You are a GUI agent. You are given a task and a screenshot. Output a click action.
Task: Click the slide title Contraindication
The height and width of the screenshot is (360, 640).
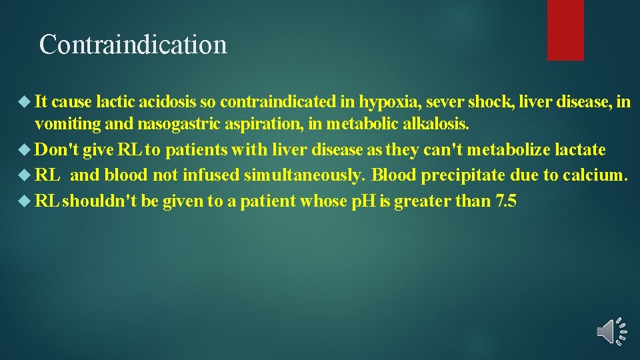click(x=133, y=45)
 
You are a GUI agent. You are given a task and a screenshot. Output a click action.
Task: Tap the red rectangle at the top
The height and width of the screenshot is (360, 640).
click(x=565, y=29)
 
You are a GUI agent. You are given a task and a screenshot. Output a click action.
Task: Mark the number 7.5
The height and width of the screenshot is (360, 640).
click(x=507, y=201)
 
